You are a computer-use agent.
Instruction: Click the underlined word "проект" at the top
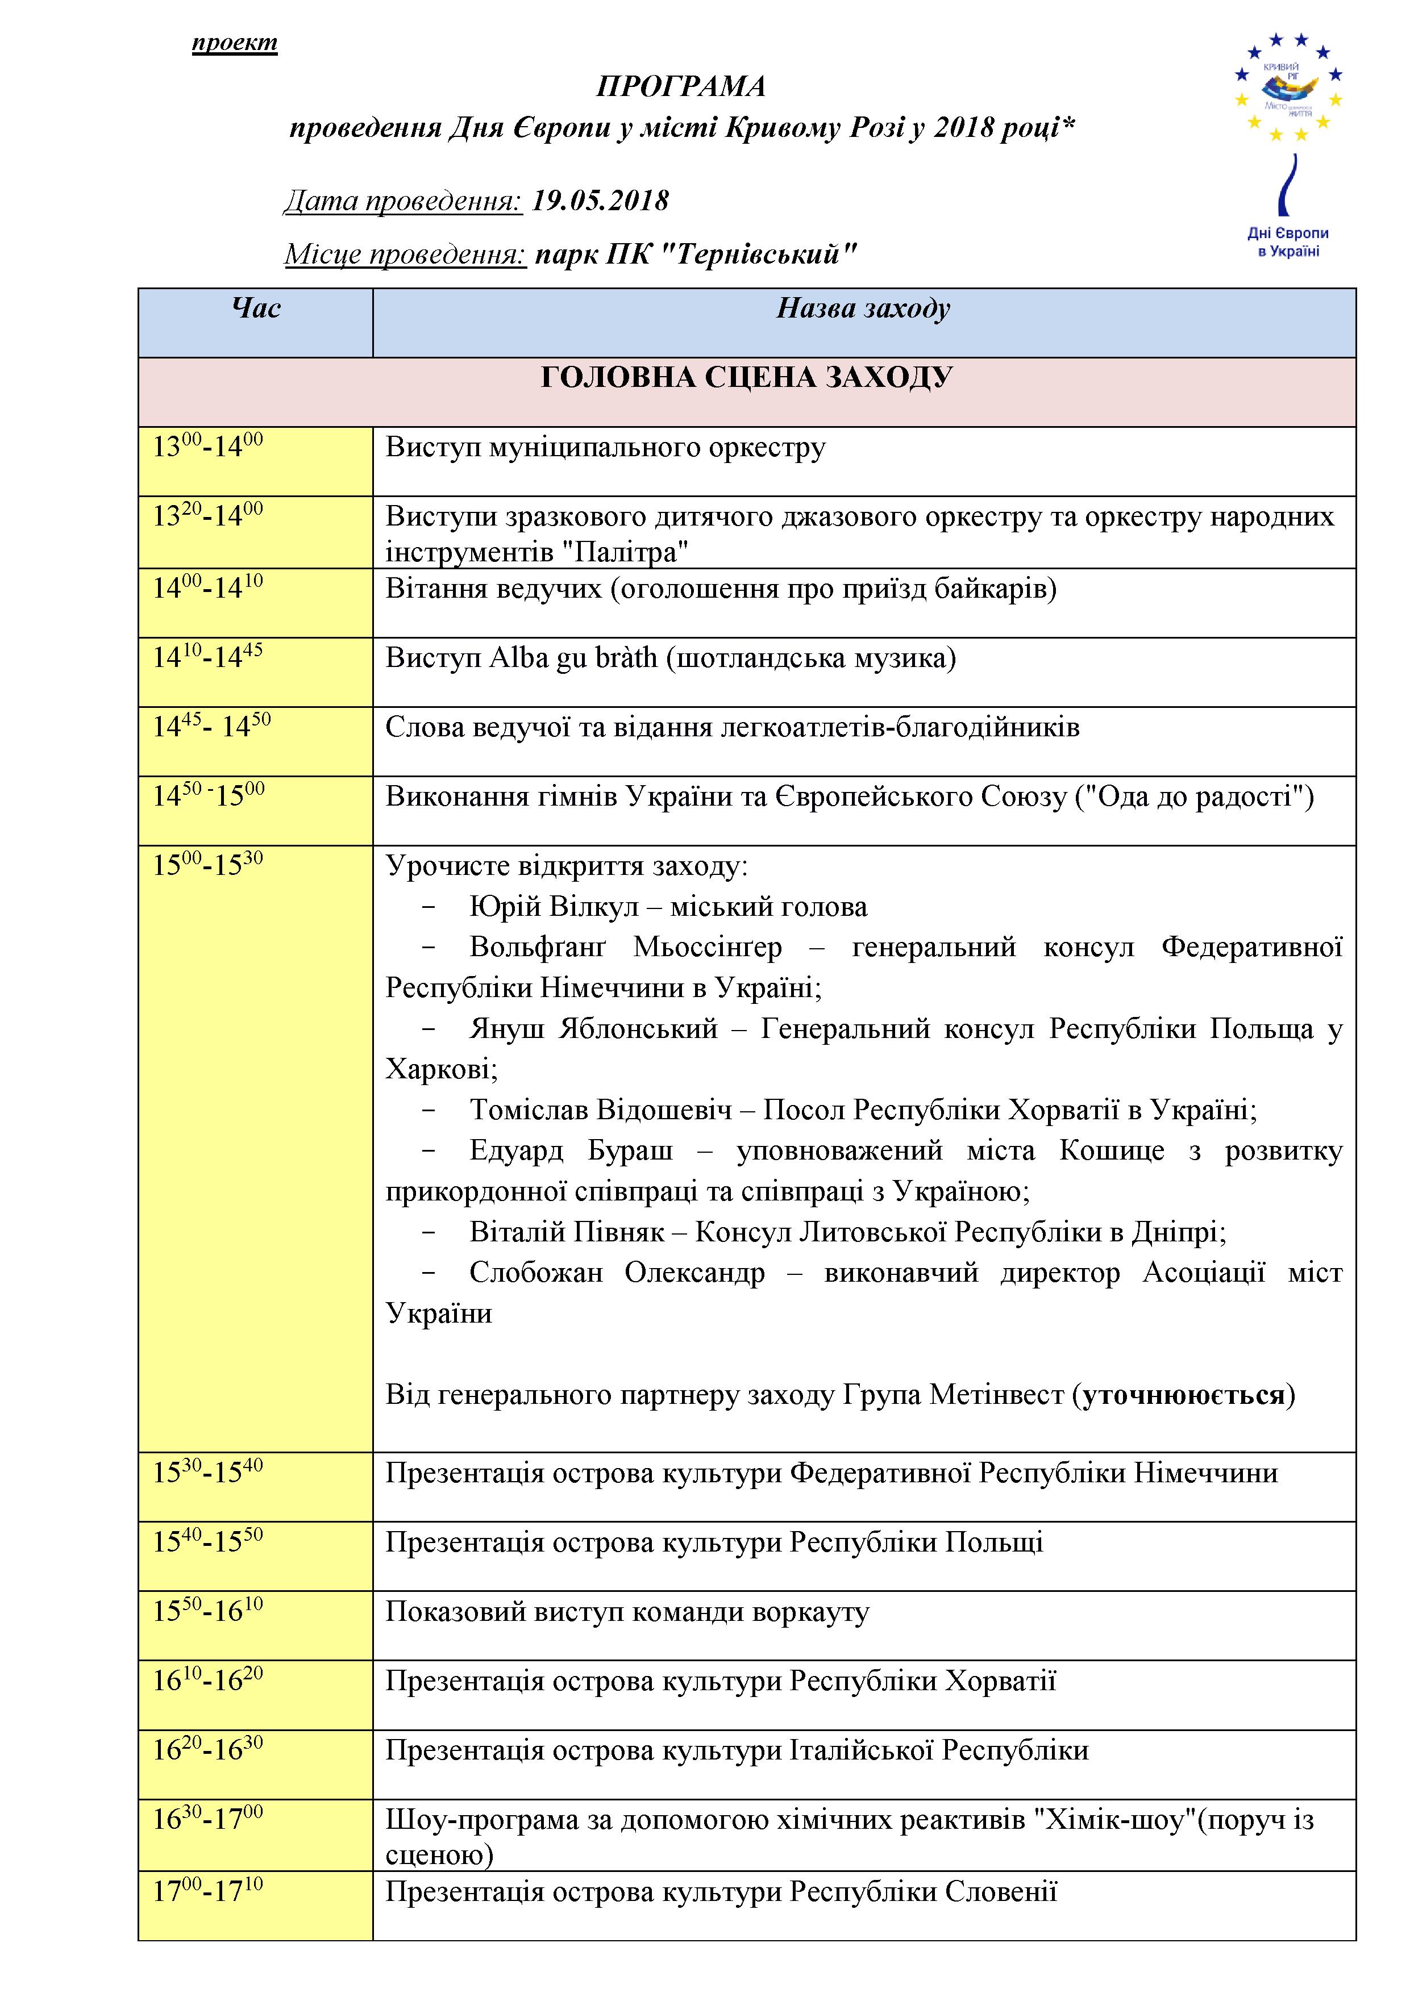pos(234,43)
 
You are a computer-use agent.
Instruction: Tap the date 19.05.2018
pos(600,201)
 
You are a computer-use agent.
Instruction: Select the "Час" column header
pos(256,309)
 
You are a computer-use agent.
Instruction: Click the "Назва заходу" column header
pos(863,309)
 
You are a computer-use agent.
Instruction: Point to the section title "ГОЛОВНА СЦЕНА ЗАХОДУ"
pos(747,378)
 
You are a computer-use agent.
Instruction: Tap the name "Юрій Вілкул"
pos(552,907)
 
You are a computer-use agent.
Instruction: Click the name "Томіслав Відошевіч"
pos(601,1110)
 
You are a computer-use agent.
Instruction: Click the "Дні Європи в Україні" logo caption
pos(1288,242)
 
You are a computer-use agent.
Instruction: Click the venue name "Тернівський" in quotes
pos(759,255)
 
